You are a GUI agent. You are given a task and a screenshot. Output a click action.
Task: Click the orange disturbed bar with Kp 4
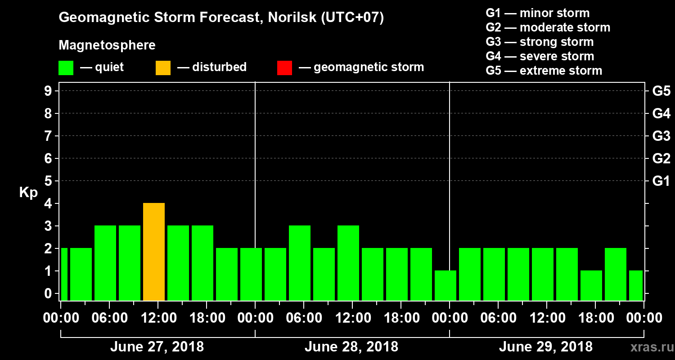pos(154,252)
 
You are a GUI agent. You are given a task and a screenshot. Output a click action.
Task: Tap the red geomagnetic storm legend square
pos(284,67)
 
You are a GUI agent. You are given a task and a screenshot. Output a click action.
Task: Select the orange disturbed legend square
pos(163,67)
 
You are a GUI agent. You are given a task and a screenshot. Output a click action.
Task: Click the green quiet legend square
pos(66,67)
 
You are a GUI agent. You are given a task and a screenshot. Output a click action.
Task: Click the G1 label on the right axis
pos(661,181)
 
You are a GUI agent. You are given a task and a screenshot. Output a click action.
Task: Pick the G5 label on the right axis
pos(661,91)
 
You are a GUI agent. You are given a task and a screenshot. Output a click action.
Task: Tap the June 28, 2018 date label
pos(351,347)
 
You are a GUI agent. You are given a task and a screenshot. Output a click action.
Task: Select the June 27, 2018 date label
pos(157,347)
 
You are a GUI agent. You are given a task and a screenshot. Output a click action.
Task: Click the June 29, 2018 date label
pos(545,347)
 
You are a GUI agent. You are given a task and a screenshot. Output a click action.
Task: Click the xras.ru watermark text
pos(649,347)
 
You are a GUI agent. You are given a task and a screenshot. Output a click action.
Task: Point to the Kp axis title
pos(28,193)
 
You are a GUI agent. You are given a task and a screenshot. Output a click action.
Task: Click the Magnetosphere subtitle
pos(107,45)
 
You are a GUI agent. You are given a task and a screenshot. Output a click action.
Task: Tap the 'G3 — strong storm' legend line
pos(540,42)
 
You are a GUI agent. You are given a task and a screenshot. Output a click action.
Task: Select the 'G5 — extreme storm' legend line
pos(544,71)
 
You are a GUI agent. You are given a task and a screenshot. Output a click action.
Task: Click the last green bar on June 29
pos(635,285)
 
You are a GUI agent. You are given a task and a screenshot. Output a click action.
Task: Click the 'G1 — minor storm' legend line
pos(537,13)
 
